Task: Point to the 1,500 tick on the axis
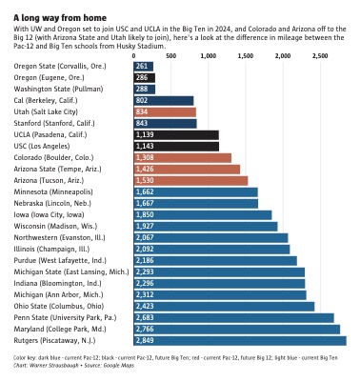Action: (x=245, y=56)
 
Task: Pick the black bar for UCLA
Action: (x=175, y=134)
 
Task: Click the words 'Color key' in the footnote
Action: (x=26, y=356)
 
